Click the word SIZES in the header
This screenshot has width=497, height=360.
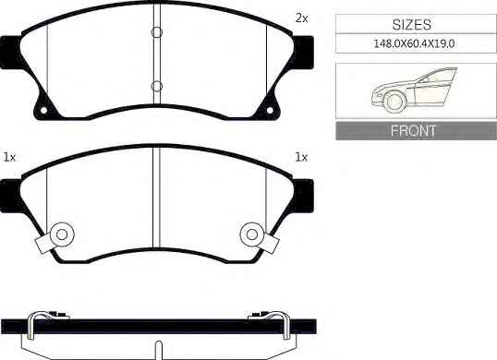click(x=412, y=25)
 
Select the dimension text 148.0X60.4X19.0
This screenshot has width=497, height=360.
click(x=414, y=43)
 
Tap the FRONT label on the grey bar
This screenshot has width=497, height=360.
click(x=413, y=130)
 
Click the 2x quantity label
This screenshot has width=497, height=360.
click(x=301, y=18)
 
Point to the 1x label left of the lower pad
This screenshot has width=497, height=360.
click(x=9, y=157)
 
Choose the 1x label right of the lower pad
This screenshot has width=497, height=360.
click(x=301, y=157)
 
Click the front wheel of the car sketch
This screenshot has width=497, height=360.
click(x=395, y=101)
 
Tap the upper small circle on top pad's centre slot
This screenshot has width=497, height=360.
click(x=157, y=32)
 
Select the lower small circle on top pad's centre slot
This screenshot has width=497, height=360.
click(x=157, y=86)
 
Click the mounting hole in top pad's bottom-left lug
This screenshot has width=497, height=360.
click(x=43, y=110)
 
